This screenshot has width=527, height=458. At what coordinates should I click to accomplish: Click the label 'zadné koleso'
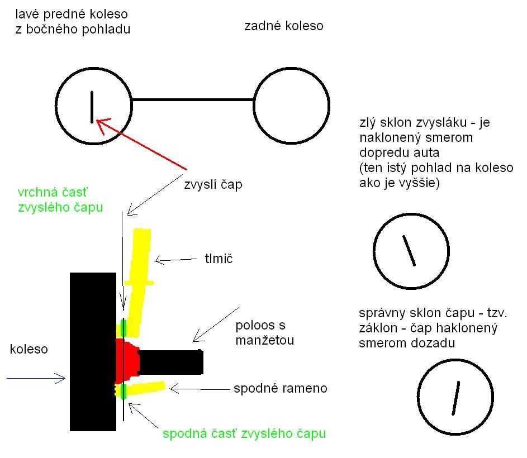pyautogui.click(x=284, y=26)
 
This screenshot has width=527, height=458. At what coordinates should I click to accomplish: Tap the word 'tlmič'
pyautogui.click(x=219, y=259)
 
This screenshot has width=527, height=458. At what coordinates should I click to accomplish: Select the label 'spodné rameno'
pyautogui.click(x=281, y=388)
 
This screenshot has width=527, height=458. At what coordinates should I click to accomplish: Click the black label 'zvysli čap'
pyautogui.click(x=213, y=184)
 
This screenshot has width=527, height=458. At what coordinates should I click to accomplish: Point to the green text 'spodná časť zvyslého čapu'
pyautogui.click(x=244, y=433)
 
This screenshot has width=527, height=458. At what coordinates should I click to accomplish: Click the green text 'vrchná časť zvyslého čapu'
pyautogui.click(x=60, y=199)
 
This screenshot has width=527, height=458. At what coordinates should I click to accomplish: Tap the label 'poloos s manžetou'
pyautogui.click(x=265, y=333)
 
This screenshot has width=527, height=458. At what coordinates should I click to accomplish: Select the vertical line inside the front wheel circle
pyautogui.click(x=92, y=107)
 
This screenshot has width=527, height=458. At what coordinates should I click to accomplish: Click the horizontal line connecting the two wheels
pyautogui.click(x=193, y=99)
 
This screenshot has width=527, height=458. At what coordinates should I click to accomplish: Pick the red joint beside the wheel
pyautogui.click(x=127, y=361)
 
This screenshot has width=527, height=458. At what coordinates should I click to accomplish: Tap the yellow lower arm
pyautogui.click(x=141, y=389)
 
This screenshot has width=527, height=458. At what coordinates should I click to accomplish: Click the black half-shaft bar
pyautogui.click(x=171, y=362)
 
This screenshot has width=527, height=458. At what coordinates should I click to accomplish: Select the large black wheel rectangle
pyautogui.click(x=93, y=351)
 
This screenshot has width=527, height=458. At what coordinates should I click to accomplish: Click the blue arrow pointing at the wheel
pyautogui.click(x=36, y=378)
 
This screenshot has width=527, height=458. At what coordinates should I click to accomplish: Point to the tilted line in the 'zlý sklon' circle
pyautogui.click(x=409, y=251)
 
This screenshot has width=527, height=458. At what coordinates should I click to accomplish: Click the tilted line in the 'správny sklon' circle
pyautogui.click(x=456, y=398)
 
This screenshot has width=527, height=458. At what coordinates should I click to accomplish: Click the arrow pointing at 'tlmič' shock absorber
pyautogui.click(x=175, y=260)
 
